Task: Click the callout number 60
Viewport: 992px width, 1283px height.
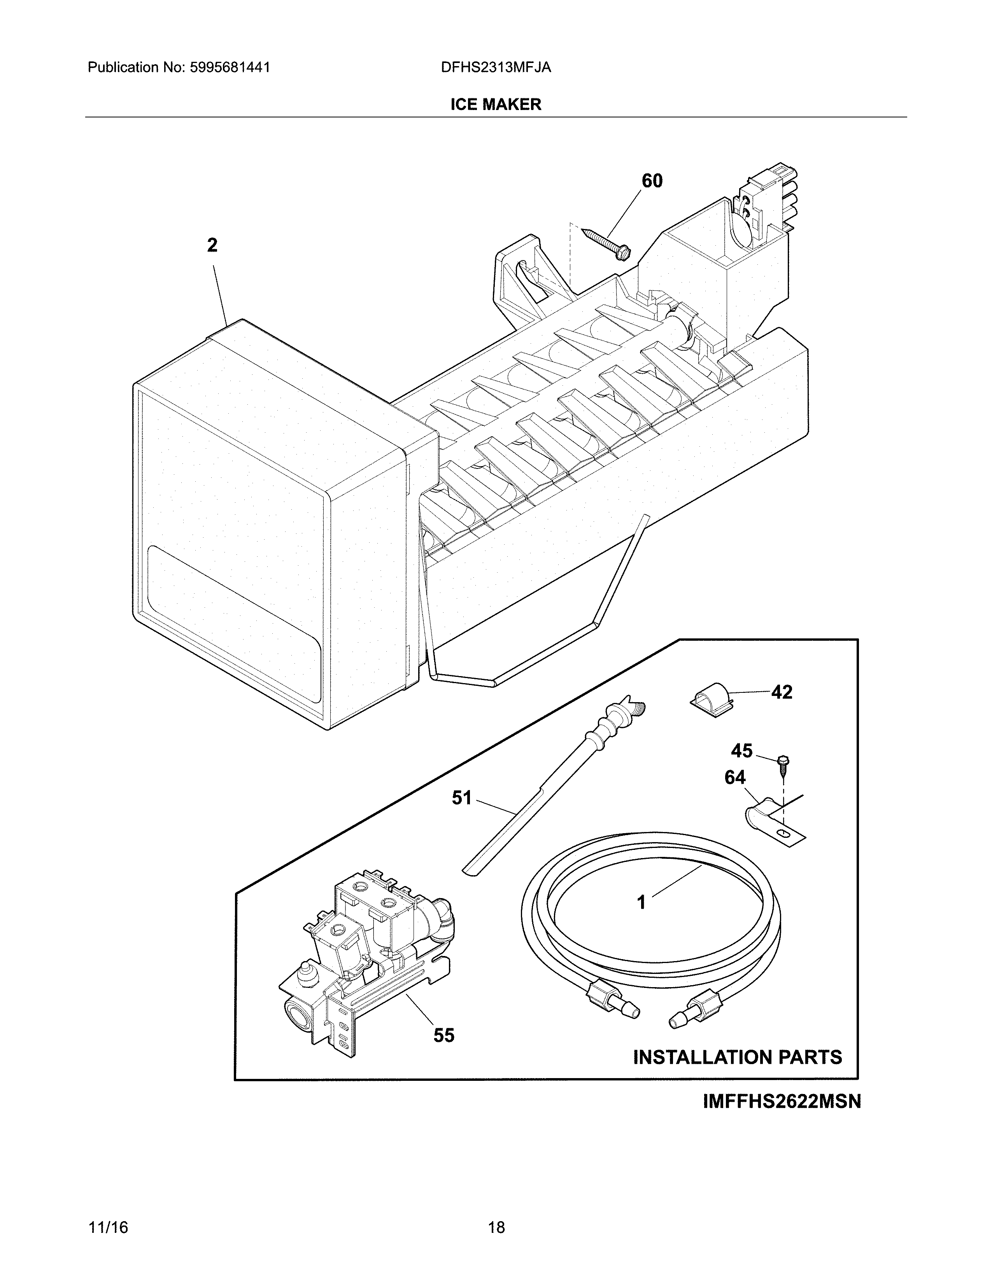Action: (x=652, y=181)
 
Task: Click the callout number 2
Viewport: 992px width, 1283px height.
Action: (x=212, y=245)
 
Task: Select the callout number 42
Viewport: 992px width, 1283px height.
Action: (x=782, y=692)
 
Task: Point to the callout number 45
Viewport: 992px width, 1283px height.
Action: (x=741, y=751)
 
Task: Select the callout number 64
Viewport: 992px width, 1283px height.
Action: (x=734, y=778)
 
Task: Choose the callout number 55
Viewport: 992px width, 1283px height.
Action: (x=444, y=1035)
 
